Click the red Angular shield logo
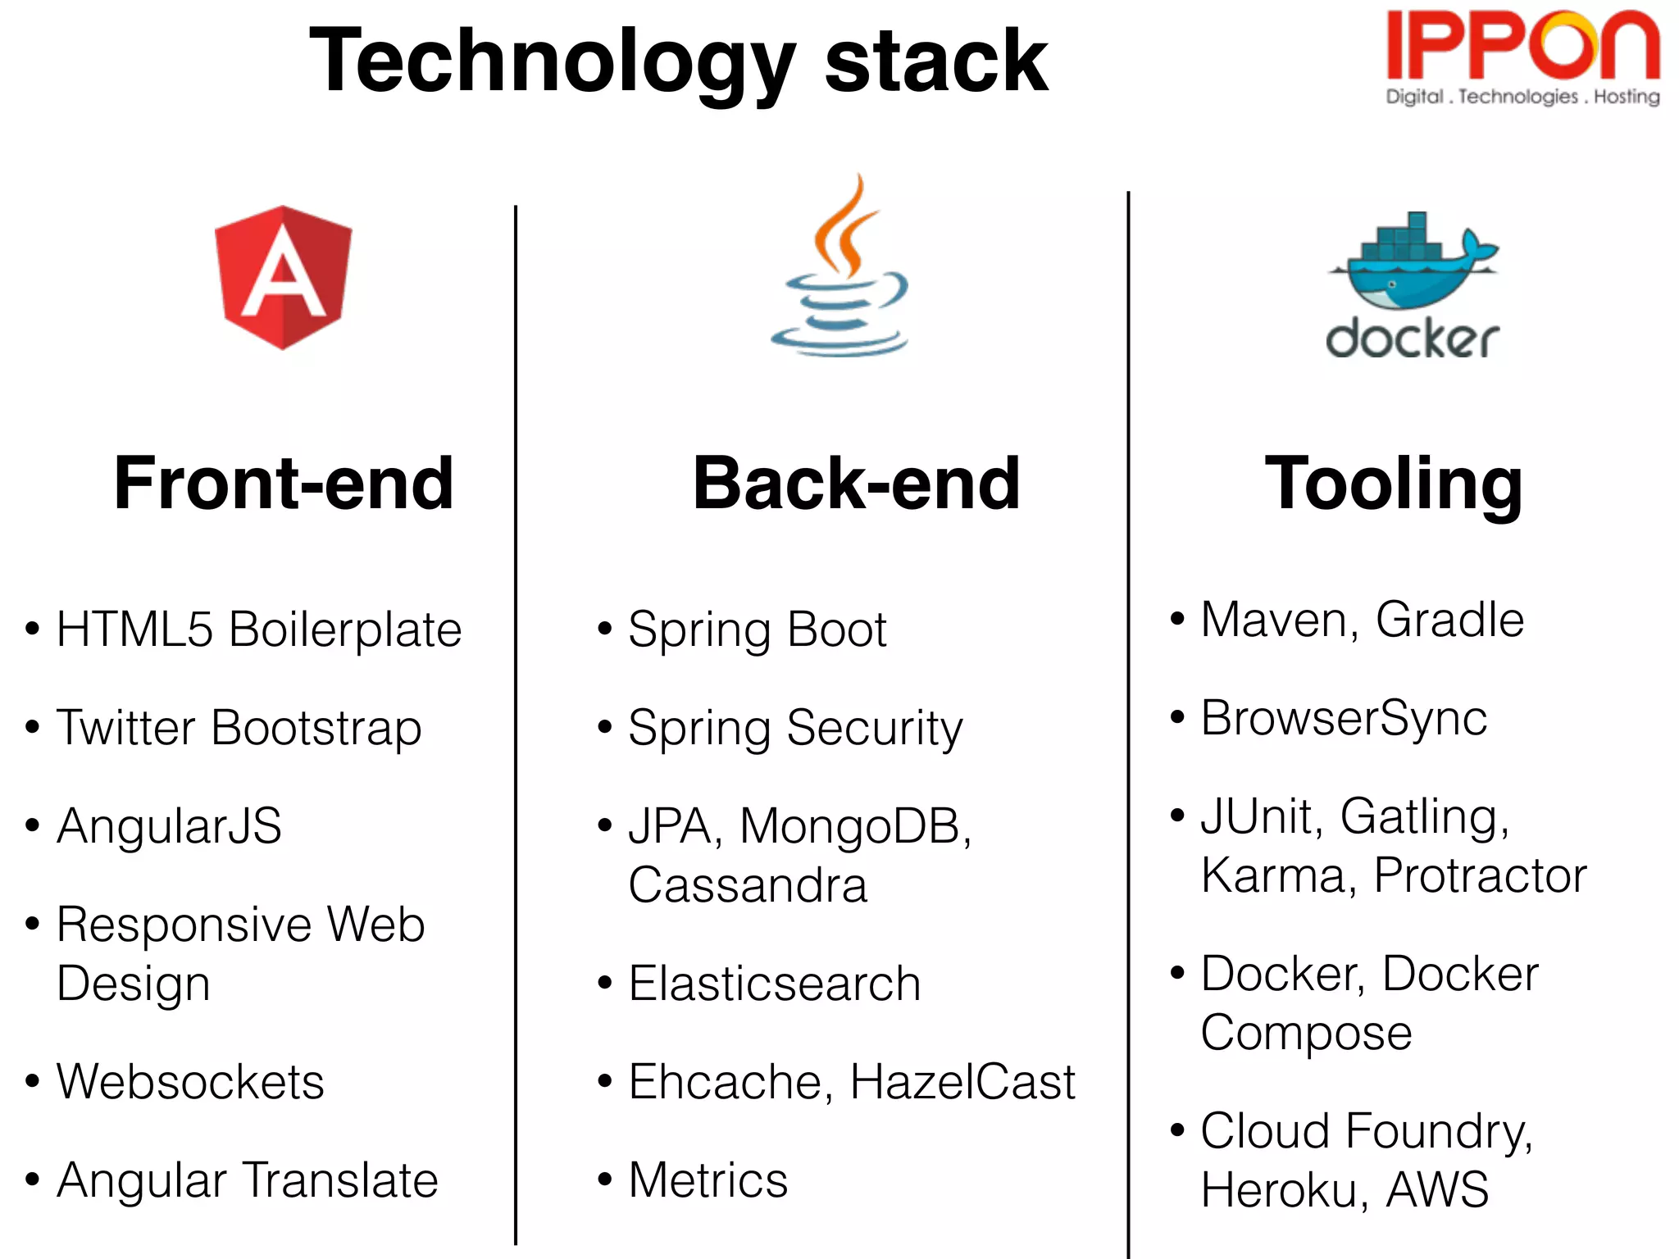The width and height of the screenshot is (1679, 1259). tap(283, 277)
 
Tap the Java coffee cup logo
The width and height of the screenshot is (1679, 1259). tap(839, 270)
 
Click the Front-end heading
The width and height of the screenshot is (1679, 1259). tap(284, 484)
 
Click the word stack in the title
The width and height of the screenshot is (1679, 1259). tap(935, 61)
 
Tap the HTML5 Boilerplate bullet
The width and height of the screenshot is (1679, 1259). tap(259, 629)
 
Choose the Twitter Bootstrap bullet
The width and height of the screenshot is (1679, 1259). tap(239, 728)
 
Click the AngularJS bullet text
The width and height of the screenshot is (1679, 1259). tap(169, 825)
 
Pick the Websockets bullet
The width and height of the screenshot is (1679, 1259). tap(190, 1082)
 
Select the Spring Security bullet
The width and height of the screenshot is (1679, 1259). tap(795, 728)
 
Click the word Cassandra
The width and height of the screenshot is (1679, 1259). tap(748, 885)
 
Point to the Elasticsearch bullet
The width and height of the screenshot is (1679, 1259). tap(774, 984)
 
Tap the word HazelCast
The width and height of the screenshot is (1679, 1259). tap(962, 1082)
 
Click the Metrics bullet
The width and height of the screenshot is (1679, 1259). tap(708, 1180)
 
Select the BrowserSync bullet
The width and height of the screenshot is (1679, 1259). tap(1344, 718)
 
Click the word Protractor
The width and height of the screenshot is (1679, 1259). tap(1481, 875)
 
